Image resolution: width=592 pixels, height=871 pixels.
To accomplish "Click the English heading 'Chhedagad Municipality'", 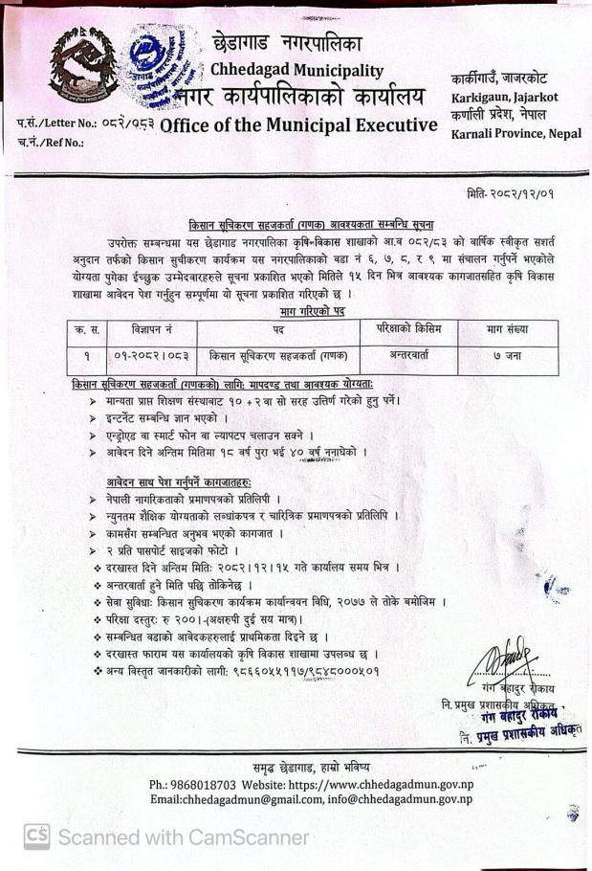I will [296, 70].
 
